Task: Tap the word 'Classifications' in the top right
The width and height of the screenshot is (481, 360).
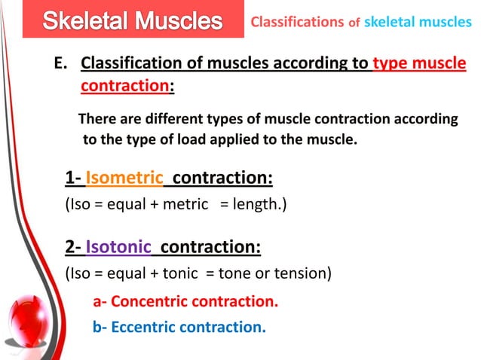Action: click(x=296, y=22)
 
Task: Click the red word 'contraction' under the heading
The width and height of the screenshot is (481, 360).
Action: click(x=124, y=87)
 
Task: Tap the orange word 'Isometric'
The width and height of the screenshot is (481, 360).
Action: click(x=124, y=178)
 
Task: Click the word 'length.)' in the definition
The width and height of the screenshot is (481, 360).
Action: click(x=260, y=203)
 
